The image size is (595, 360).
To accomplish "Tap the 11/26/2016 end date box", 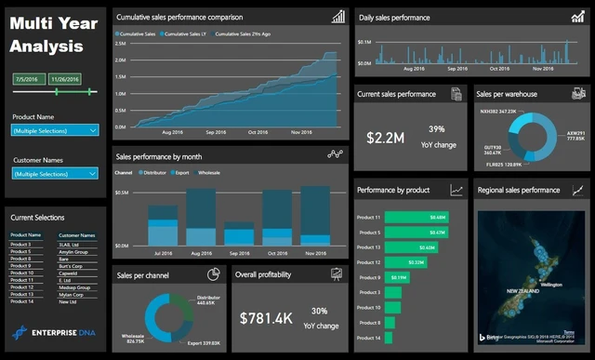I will [65, 79].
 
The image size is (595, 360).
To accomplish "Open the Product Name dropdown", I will [55, 131].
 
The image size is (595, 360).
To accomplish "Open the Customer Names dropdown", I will [55, 174].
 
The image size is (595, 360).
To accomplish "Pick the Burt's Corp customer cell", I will [72, 266].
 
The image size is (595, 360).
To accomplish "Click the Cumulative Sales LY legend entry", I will [184, 33].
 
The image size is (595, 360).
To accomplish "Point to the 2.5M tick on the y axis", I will [121, 43].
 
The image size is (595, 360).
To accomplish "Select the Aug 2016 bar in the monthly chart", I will [202, 219].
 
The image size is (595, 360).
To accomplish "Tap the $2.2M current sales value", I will [384, 138].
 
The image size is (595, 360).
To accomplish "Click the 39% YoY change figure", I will [436, 129].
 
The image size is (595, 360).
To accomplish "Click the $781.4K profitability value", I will [267, 318].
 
